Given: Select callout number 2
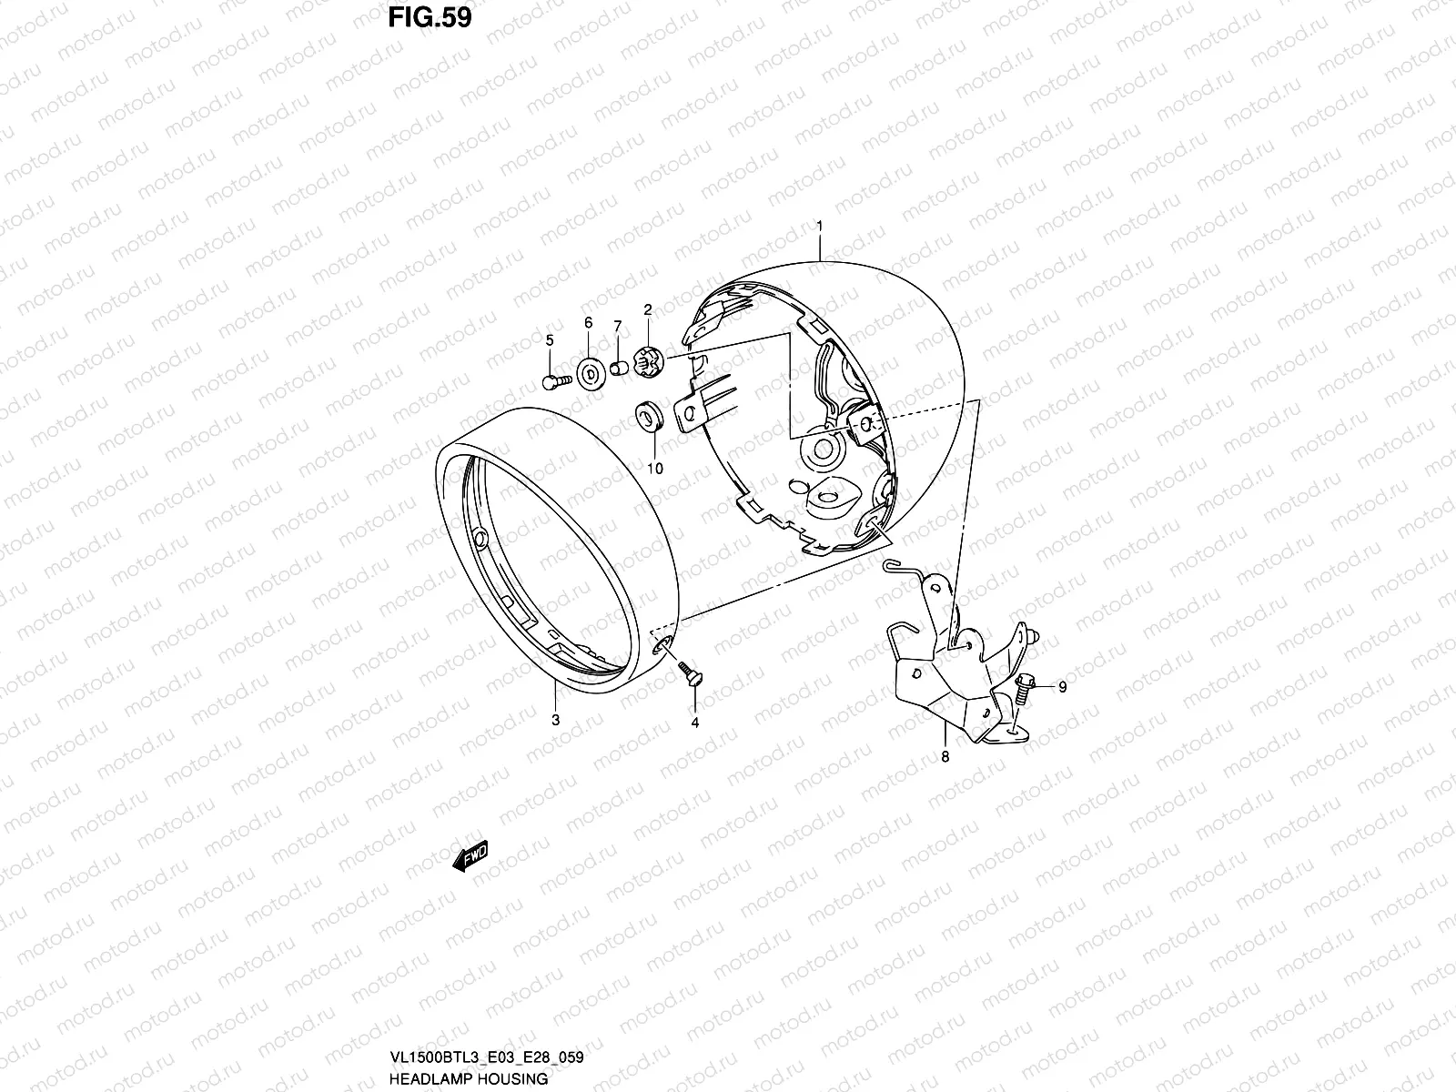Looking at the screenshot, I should pos(648,310).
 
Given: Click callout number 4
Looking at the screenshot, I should pos(695,723).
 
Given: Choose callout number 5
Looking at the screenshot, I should pos(549,340).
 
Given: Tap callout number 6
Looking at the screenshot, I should pos(587,322).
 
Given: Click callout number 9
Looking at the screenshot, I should pos(1061,688).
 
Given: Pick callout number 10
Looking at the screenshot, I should pos(654,468).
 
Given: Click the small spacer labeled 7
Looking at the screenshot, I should pos(619,369).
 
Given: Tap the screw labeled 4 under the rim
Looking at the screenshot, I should pos(686,672).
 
